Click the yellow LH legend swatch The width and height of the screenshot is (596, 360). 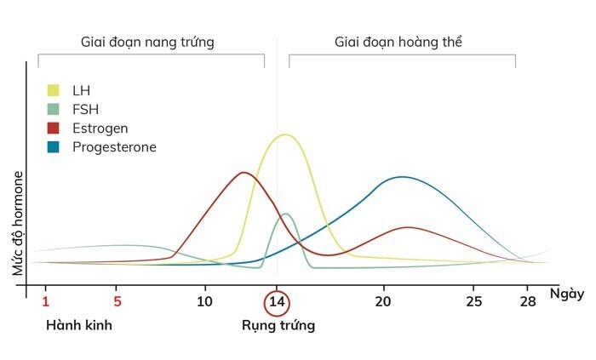(x=54, y=90)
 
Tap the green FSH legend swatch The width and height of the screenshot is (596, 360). (x=54, y=109)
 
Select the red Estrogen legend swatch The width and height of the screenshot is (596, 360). (x=54, y=129)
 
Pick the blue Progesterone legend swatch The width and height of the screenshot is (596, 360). (x=54, y=147)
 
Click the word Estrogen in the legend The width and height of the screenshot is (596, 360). (x=100, y=129)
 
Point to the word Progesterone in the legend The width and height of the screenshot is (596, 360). (x=114, y=147)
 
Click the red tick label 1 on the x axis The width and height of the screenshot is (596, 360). (x=46, y=301)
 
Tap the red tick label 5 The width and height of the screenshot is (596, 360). (x=118, y=301)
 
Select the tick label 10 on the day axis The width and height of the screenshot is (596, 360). (x=204, y=301)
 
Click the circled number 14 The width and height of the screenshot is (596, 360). (x=277, y=302)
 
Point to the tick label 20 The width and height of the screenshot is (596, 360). (x=383, y=301)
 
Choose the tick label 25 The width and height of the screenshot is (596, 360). (x=474, y=301)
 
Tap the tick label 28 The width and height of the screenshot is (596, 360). (x=528, y=301)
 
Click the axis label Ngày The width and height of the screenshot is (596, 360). (x=566, y=294)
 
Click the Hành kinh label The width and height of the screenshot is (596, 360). (x=79, y=325)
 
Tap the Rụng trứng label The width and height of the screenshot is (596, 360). (x=278, y=325)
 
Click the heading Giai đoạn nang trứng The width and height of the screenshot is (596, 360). (x=147, y=42)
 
